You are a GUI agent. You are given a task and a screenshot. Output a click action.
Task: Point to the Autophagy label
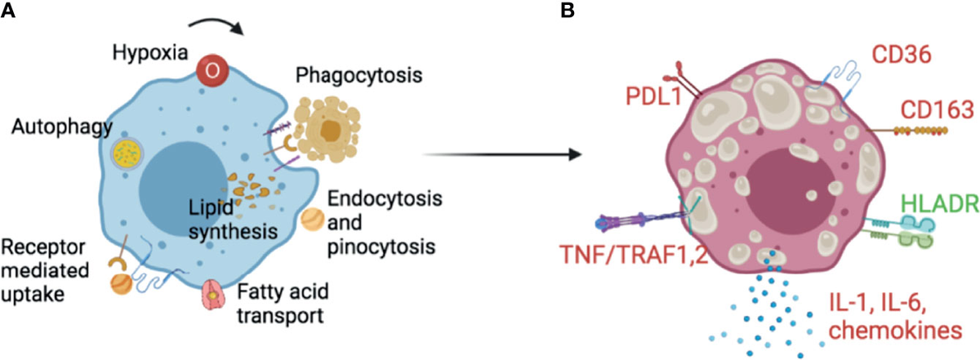click(x=51, y=127)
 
